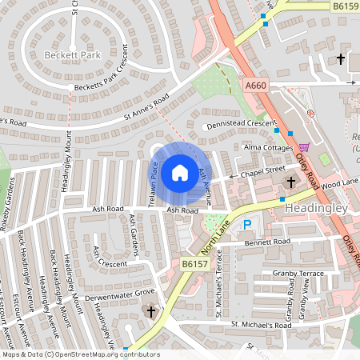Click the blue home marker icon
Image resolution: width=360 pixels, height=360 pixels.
pos(180,173)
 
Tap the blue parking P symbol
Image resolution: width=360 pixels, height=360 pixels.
pos(246,226)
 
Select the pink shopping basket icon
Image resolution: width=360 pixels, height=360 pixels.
pos(304,147)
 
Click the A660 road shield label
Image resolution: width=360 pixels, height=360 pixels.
pos(256,86)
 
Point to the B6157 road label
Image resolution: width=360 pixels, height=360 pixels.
pos(194,263)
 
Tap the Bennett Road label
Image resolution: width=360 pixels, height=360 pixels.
pos(268,241)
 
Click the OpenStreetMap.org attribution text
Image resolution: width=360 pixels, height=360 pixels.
pos(107,354)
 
